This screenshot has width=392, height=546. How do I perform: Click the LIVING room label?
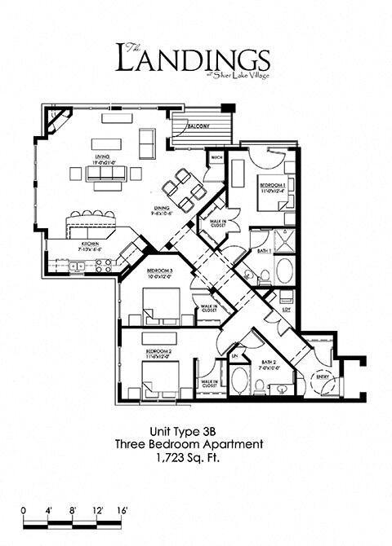pos(102,157)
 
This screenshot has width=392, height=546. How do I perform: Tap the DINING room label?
pos(162,209)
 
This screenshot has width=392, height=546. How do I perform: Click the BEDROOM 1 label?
pos(272,187)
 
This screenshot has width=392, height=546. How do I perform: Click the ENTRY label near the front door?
pos(323,375)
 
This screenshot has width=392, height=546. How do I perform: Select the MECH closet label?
pos(216,157)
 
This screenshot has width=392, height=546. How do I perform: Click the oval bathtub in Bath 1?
pos(287,270)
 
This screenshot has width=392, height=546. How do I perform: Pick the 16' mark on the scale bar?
pos(122,509)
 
